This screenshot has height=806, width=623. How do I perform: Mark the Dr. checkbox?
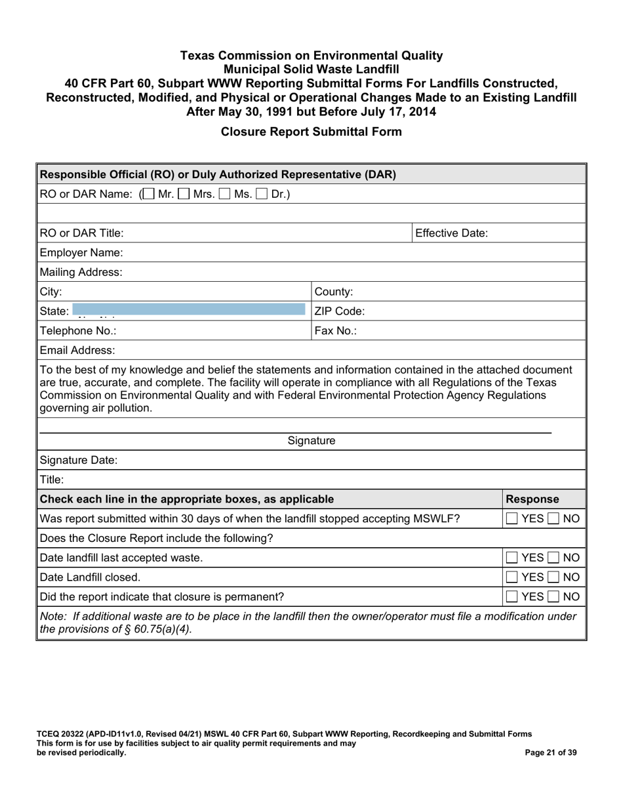click(262, 195)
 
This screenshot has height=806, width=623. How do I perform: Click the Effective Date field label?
click(451, 233)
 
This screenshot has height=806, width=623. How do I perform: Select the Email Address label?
click(77, 351)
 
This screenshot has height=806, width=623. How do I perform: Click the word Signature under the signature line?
click(311, 441)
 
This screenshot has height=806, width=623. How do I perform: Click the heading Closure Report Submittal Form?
click(311, 131)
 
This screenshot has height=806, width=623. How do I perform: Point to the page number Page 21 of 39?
click(551, 753)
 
